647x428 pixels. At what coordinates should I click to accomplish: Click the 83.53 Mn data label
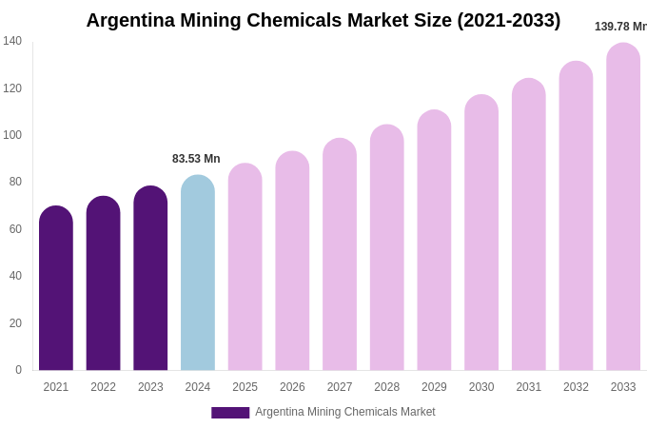(x=196, y=159)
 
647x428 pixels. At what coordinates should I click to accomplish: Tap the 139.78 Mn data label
(x=620, y=27)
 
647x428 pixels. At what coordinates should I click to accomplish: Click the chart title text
(x=323, y=20)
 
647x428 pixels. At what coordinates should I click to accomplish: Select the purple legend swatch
(x=230, y=413)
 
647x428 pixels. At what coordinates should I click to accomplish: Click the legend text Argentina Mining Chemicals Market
(x=344, y=412)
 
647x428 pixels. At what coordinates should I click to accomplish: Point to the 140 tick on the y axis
(x=12, y=41)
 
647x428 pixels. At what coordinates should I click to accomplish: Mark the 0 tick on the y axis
(x=18, y=370)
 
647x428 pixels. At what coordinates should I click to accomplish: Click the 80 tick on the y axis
(x=15, y=182)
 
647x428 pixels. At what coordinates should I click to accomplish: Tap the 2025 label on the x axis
(x=245, y=387)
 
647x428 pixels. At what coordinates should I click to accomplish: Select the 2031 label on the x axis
(x=528, y=387)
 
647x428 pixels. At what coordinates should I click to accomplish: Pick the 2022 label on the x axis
(x=103, y=387)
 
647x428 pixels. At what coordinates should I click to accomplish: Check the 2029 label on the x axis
(x=434, y=387)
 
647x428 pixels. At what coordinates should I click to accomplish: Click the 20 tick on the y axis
(x=15, y=323)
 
